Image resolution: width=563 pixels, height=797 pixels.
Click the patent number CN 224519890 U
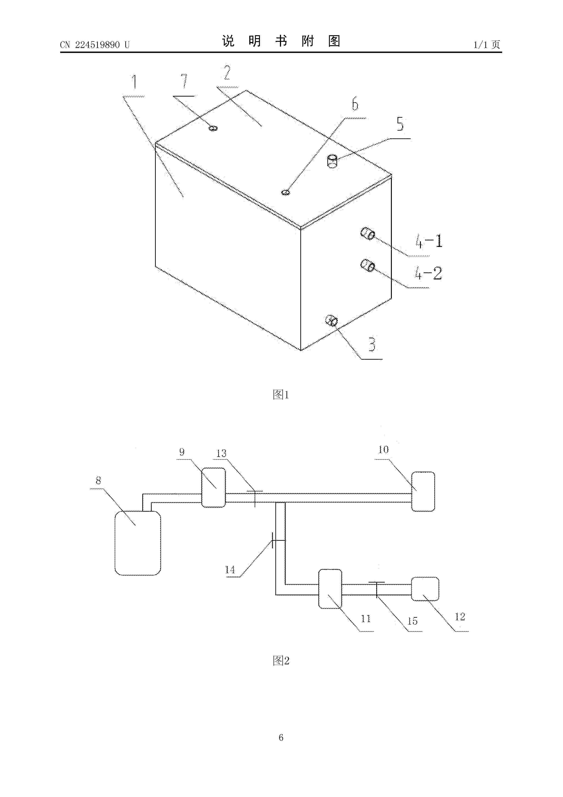[x=95, y=45]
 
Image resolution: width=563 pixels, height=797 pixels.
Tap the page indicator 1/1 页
[x=487, y=45]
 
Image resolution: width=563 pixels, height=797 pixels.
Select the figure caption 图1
[x=281, y=395]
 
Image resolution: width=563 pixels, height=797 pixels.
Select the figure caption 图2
[x=281, y=661]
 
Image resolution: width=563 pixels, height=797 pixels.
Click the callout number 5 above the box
[x=400, y=124]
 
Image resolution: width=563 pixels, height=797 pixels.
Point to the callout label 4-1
[x=429, y=241]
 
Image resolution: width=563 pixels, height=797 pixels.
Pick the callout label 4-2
[x=428, y=273]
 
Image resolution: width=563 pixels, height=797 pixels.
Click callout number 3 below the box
[x=372, y=344]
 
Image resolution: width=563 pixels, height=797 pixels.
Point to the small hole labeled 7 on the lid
[x=213, y=128]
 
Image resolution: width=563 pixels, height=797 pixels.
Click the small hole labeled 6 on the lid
[x=286, y=192]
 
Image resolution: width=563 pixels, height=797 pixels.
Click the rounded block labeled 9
[x=214, y=488]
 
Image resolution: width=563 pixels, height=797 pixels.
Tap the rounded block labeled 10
[x=423, y=491]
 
